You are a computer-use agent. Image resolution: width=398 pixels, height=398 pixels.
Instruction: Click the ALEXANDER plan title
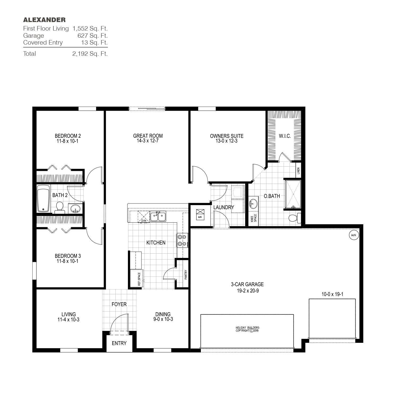pos(44,20)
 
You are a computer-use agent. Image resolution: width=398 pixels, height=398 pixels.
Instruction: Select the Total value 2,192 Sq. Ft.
pos(90,54)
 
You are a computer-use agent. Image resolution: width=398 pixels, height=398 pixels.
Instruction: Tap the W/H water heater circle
pos(354,235)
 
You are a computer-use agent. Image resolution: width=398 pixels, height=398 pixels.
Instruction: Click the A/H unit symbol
pos(200,214)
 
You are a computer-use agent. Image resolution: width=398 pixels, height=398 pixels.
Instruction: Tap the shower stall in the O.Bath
pos(293,194)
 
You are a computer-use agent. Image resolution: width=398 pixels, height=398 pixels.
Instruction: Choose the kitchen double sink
pos(158,216)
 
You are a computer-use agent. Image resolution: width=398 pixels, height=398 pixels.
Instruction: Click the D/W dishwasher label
pos(144,220)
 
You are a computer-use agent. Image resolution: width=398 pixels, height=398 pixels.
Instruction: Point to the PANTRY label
pos(186,275)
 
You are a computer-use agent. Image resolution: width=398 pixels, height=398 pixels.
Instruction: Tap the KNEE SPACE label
pos(254,218)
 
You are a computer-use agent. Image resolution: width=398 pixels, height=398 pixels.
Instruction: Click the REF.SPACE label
pos(139,279)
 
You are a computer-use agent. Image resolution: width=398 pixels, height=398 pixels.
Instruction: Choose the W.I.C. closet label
pos(285,136)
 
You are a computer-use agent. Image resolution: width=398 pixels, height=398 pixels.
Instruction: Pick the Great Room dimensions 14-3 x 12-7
pos(148,141)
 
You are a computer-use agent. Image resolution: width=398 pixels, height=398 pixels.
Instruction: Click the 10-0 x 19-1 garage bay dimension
pos(332,294)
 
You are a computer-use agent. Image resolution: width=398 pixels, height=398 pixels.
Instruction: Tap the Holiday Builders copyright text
pos(247,329)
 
